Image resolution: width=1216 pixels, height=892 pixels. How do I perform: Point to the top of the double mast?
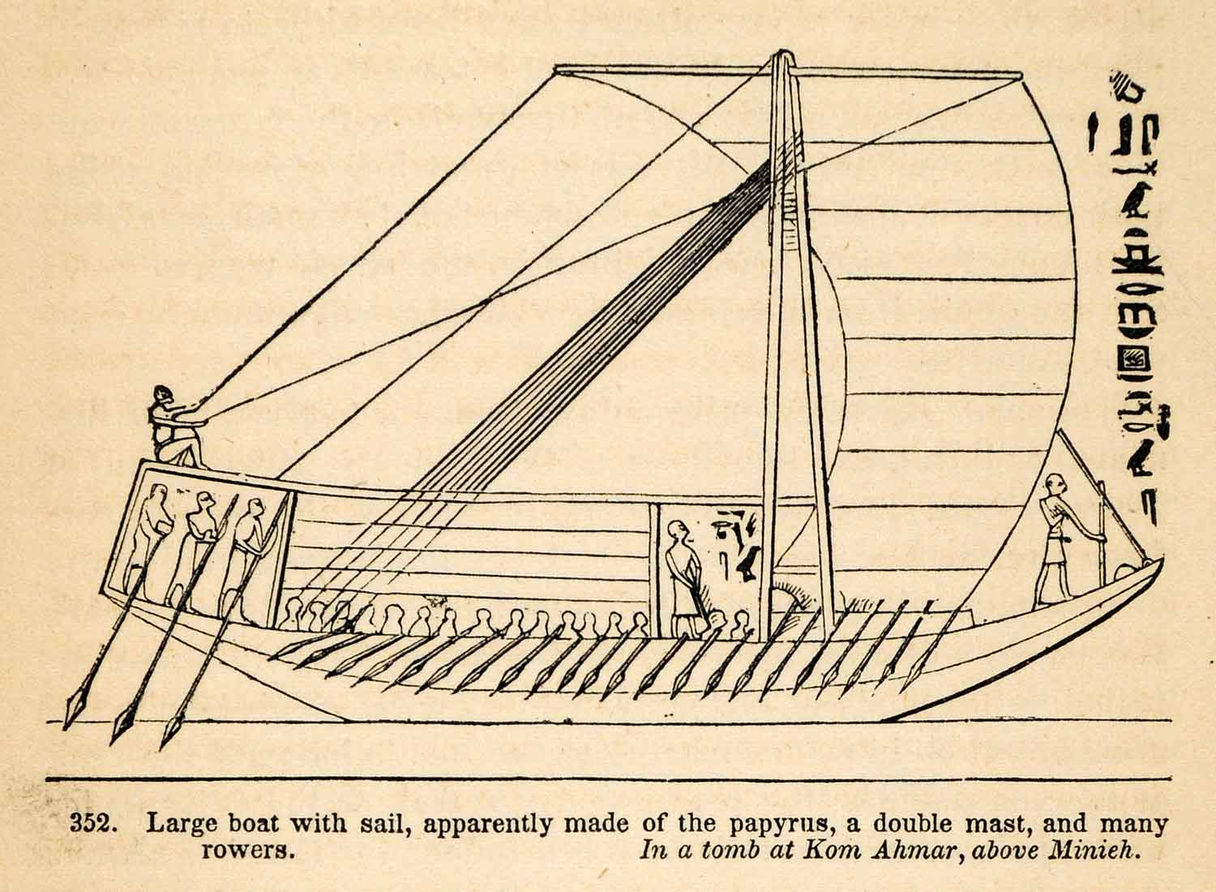tap(780, 57)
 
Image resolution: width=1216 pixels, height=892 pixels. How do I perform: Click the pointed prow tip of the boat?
tap(1161, 560)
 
